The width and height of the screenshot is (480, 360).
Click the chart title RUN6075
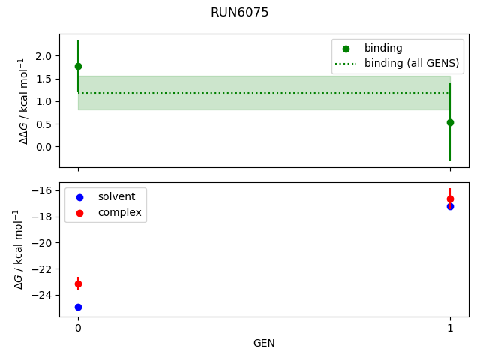pos(240,13)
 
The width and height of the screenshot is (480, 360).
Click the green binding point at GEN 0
pos(78,66)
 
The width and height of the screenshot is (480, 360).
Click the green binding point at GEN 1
pos(450,122)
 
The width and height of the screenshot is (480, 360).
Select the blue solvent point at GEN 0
pos(78,307)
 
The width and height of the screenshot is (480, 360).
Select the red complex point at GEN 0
pos(78,283)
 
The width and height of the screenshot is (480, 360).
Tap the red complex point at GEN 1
pos(450,199)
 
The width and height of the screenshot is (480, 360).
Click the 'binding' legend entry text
pos(383,48)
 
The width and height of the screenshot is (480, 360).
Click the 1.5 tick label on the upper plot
pos(43,79)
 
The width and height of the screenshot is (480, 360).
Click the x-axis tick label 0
pos(78,328)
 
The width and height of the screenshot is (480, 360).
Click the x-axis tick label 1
pos(450,328)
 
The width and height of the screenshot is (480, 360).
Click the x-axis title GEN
pos(264,343)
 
